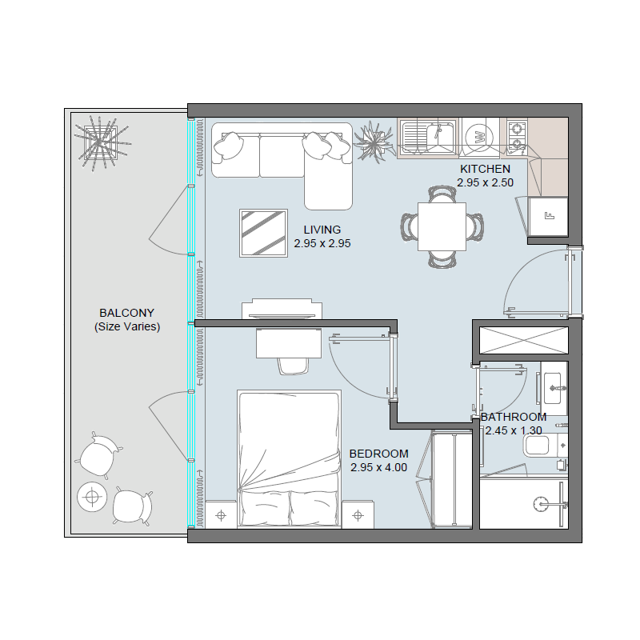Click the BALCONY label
126,313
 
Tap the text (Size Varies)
126,327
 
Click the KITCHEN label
485,169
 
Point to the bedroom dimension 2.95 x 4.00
378,467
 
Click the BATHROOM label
514,417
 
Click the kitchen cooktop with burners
517,136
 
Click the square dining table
442,226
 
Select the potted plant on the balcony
102,142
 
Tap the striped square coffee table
263,233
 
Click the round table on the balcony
92,498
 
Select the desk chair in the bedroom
293,364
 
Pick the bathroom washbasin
554,390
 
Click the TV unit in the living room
282,309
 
